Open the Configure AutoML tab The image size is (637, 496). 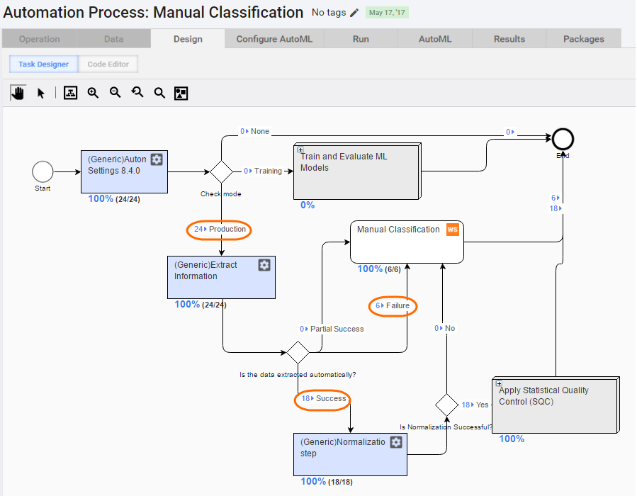[x=274, y=39]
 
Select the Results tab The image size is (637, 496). [x=509, y=39]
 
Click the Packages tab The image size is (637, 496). [x=583, y=39]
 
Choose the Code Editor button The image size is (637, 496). [x=108, y=64]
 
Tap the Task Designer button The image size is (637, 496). [x=43, y=64]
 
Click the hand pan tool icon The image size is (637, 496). [x=18, y=93]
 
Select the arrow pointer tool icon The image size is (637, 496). [x=40, y=94]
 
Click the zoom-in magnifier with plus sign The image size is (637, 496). [x=93, y=93]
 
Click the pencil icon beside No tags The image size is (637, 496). [x=354, y=13]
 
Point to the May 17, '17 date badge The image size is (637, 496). [x=387, y=13]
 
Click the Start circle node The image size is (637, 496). [x=43, y=171]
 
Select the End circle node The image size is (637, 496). [x=563, y=140]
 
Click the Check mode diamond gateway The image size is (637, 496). [x=221, y=172]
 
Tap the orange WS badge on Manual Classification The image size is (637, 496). [x=453, y=230]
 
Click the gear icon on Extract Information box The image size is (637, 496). [x=264, y=265]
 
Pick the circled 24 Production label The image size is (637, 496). [x=219, y=230]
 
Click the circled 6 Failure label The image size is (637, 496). [x=393, y=306]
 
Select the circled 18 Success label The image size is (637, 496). [x=322, y=400]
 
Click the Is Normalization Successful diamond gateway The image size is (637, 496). [x=446, y=405]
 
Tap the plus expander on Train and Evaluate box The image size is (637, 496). [x=300, y=150]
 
